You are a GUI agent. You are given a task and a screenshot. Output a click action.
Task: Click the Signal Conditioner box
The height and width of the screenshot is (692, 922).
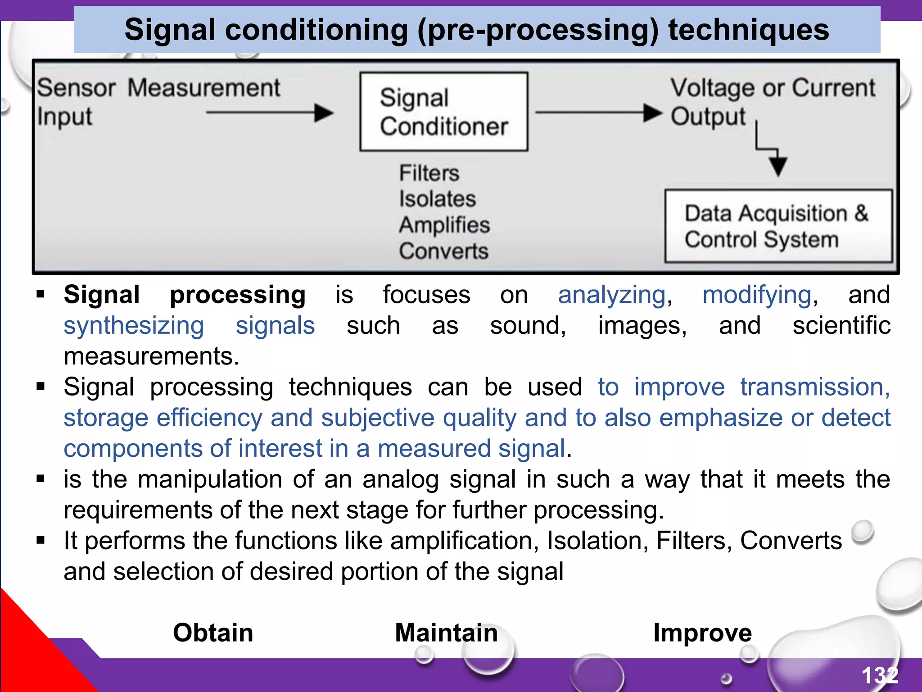click(x=443, y=112)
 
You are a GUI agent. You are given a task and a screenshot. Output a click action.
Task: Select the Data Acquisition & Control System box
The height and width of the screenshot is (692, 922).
click(x=778, y=226)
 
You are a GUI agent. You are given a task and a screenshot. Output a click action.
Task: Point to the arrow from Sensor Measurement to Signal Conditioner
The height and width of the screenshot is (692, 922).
click(x=270, y=113)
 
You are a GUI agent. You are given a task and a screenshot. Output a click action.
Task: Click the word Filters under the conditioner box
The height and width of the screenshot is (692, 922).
click(x=429, y=173)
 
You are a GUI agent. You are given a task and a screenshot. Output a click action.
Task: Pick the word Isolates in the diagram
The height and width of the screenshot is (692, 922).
click(x=437, y=199)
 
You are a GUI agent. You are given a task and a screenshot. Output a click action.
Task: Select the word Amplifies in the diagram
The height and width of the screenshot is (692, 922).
click(x=444, y=225)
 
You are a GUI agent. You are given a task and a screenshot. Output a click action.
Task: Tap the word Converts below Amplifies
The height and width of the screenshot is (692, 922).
click(x=443, y=251)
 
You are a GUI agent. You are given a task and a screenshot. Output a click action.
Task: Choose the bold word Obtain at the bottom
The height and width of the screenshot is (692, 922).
click(x=213, y=633)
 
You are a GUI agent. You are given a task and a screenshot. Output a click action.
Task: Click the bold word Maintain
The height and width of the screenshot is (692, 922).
click(x=446, y=633)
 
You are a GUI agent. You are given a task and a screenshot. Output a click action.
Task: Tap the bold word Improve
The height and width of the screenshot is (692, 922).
click(x=702, y=633)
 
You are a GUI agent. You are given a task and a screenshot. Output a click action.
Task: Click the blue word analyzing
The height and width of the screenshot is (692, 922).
click(x=612, y=296)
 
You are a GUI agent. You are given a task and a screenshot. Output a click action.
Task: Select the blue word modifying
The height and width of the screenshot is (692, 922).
click(x=757, y=296)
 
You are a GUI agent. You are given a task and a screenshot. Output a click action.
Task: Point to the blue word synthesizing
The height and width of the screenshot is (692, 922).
click(x=134, y=326)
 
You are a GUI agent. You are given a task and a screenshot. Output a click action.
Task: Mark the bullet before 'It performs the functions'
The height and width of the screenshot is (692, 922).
click(x=41, y=540)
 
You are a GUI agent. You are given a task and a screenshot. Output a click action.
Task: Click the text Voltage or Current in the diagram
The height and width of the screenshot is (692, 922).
click(x=773, y=87)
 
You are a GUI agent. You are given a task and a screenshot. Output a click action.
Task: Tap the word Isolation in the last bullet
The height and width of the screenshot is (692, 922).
click(x=597, y=541)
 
